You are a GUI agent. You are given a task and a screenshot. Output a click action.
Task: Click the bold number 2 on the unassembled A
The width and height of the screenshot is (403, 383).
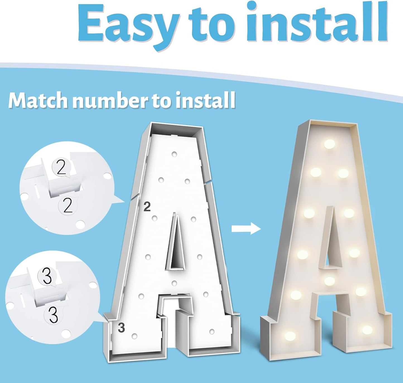click(x=147, y=207)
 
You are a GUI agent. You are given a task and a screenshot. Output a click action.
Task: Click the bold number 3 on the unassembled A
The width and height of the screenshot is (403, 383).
click(x=121, y=328)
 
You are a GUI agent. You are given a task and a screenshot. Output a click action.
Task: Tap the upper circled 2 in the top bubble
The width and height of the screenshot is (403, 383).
click(x=61, y=168)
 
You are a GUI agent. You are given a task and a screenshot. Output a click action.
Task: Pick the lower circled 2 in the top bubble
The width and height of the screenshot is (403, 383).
click(x=67, y=206)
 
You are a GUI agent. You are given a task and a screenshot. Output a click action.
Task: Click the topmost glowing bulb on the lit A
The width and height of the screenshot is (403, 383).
click(x=330, y=144)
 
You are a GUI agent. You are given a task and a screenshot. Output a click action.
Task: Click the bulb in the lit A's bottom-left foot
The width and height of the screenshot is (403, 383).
click(x=290, y=336)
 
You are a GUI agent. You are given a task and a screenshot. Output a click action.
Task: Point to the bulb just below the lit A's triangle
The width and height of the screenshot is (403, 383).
click(x=330, y=281)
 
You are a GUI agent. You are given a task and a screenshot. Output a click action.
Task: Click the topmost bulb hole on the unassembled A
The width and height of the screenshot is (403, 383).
click(x=174, y=154)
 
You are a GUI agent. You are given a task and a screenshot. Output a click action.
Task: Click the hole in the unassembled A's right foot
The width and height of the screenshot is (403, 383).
click(x=212, y=331)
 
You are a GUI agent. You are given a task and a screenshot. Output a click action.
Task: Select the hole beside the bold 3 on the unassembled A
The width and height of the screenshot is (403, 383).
click(x=134, y=336)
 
